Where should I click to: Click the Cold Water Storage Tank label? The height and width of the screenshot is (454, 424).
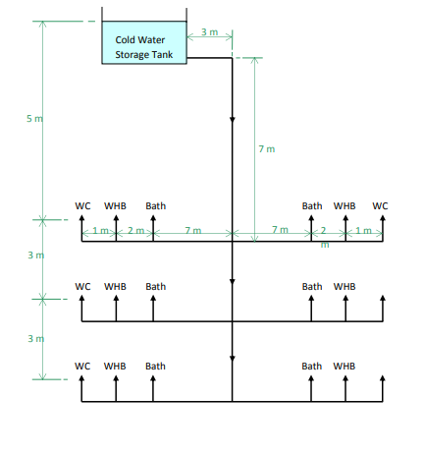pos(143,47)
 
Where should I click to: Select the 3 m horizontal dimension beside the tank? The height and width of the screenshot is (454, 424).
pos(209,32)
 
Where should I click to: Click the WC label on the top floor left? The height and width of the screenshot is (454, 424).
pos(83,206)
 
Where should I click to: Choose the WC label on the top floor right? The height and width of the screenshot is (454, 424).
pos(380,206)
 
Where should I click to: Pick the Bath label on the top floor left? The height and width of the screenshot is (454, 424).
pos(155,206)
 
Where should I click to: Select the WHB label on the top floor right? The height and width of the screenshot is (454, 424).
pos(344,206)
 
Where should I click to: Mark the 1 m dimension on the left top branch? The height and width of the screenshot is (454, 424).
pos(99,230)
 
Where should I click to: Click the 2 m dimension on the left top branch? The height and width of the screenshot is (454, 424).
pos(135,230)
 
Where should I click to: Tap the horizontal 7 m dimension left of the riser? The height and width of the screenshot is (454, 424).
pos(193,230)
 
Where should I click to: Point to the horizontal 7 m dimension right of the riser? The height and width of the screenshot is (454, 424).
pos(280,230)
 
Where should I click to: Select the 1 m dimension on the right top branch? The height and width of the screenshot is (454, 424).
pos(363,230)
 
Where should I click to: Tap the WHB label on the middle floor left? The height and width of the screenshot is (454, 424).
pos(116,286)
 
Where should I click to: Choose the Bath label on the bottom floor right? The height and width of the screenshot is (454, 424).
pos(312,367)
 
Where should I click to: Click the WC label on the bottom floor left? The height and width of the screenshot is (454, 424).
pos(83,367)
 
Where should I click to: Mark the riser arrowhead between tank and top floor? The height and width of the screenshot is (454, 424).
pos(233,120)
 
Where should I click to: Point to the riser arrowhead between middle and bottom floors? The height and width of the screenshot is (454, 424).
pos(233,357)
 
